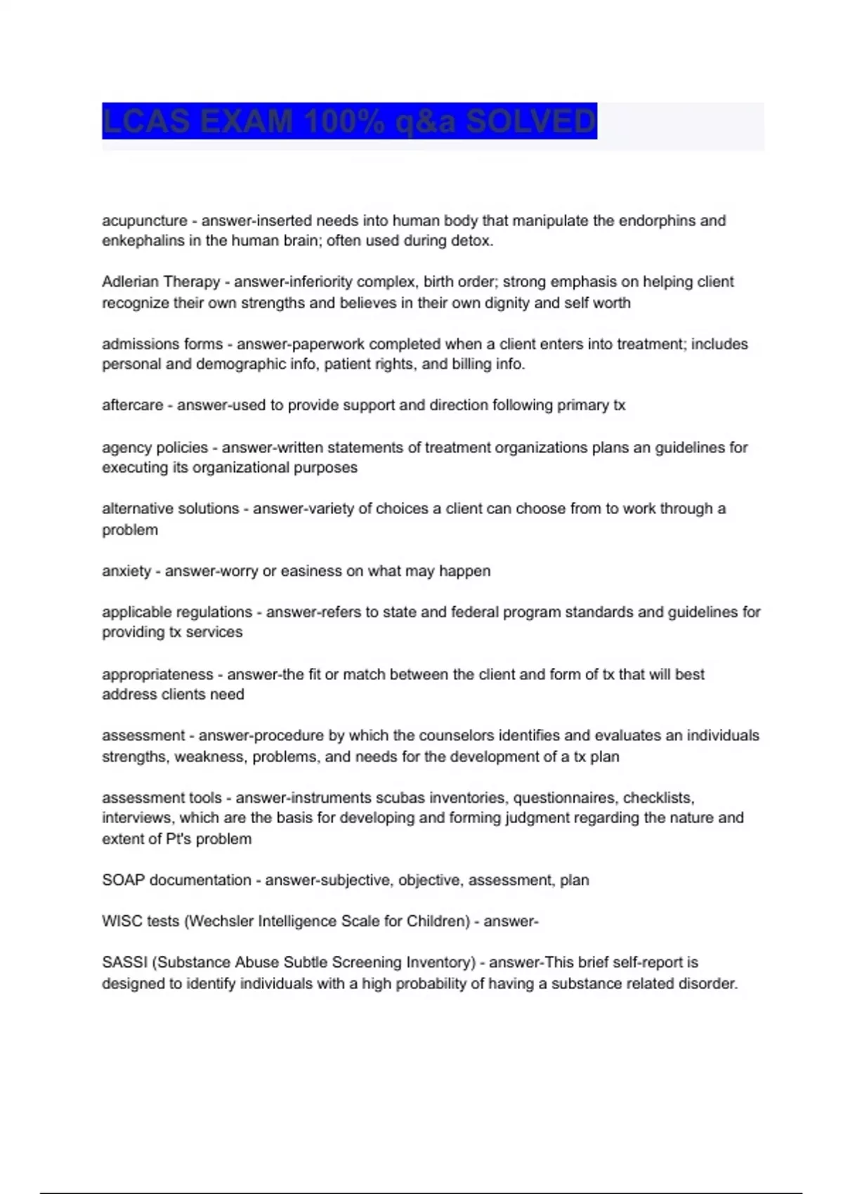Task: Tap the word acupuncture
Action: tap(144, 221)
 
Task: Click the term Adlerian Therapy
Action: tap(161, 282)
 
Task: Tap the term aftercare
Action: tap(132, 405)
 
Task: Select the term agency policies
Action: tap(155, 447)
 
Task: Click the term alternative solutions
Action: tap(170, 509)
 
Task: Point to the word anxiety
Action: tap(126, 571)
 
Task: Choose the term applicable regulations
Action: tap(177, 612)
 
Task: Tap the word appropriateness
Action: tap(157, 674)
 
